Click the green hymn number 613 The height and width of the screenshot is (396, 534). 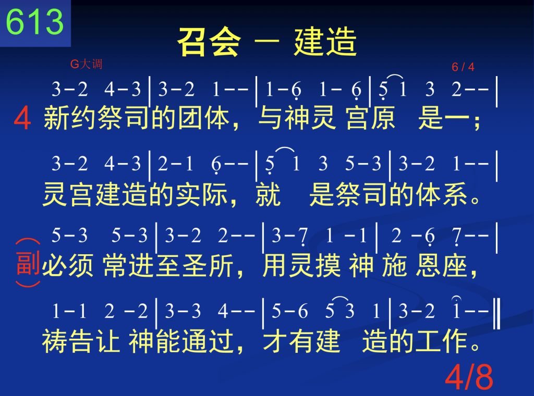[x=35, y=22]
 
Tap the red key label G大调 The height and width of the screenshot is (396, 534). [x=86, y=64]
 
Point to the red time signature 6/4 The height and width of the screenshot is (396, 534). [x=463, y=67]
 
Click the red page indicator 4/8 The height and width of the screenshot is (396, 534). [x=469, y=377]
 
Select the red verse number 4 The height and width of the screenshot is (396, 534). [x=22, y=118]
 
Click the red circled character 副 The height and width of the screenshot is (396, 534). [x=28, y=263]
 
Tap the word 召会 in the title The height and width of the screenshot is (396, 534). [x=209, y=42]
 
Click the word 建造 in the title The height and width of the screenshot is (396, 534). [x=325, y=42]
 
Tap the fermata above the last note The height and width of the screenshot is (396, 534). [x=456, y=299]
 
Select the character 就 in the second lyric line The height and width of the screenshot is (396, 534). [x=268, y=194]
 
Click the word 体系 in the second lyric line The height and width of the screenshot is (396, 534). [x=442, y=194]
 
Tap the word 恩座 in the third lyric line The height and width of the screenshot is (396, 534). [x=441, y=266]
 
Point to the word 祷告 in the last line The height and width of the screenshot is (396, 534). [x=67, y=341]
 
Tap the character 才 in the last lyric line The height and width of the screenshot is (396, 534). [x=275, y=341]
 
